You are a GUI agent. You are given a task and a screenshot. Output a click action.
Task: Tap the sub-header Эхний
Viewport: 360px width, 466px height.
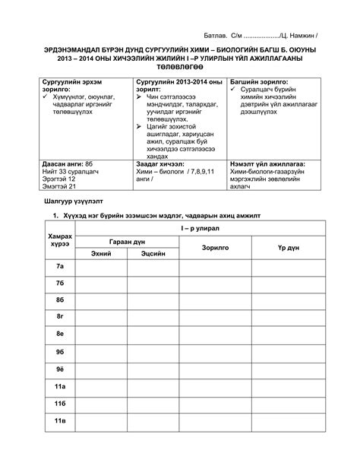[102, 253]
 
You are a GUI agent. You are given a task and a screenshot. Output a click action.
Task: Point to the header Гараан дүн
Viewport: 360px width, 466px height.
[127, 240]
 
